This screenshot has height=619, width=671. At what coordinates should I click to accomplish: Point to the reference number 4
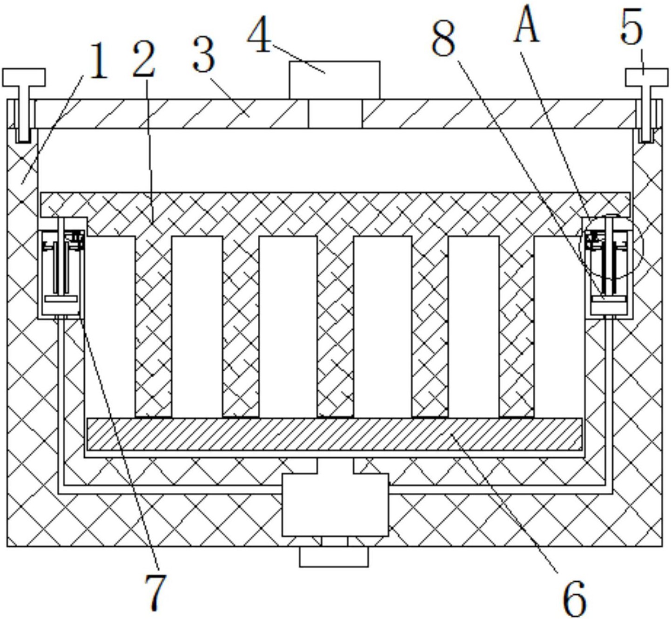[x=259, y=36]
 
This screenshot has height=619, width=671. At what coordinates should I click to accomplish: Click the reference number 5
[x=632, y=29]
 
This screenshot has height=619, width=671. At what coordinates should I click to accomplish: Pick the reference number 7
[x=155, y=592]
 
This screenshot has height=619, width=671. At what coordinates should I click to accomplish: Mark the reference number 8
[x=443, y=40]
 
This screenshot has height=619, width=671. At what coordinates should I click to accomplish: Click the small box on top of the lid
[x=334, y=80]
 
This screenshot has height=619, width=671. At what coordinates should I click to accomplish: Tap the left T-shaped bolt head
[x=24, y=77]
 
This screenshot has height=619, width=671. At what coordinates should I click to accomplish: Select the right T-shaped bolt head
[x=646, y=77]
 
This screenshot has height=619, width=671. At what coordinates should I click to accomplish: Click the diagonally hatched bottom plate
[x=334, y=434]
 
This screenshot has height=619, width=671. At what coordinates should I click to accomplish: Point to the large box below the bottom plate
[x=335, y=505]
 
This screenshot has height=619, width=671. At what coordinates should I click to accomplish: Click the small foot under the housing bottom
[x=334, y=557]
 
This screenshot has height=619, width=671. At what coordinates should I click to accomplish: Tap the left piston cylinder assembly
[x=61, y=268]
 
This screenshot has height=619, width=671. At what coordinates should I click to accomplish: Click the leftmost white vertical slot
[x=110, y=326]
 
